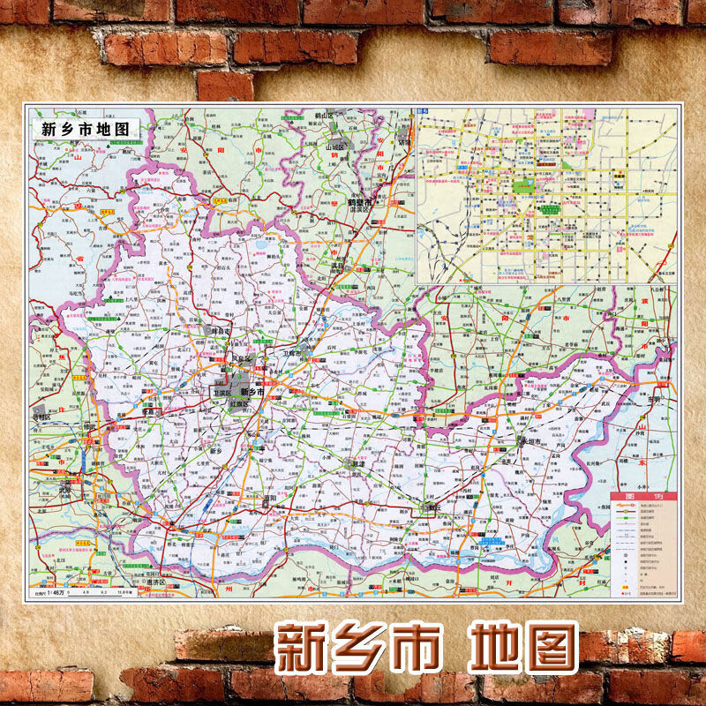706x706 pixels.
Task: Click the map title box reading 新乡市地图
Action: (x=85, y=126)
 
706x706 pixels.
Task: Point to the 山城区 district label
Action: (x=336, y=147)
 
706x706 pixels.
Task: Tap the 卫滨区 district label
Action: (x=222, y=393)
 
